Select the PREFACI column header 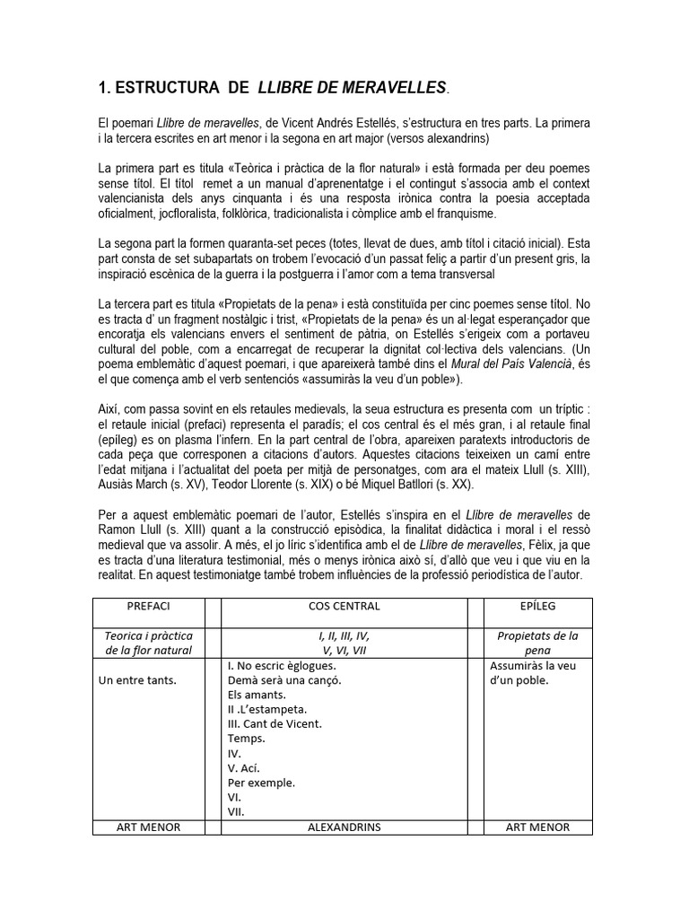coord(148,606)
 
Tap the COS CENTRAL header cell coord(344,606)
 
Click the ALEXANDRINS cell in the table coord(344,827)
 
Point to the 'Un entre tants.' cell coord(137,679)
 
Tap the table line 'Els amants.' coord(257,694)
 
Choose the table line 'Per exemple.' coord(261,782)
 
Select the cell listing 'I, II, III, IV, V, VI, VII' coord(344,643)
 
